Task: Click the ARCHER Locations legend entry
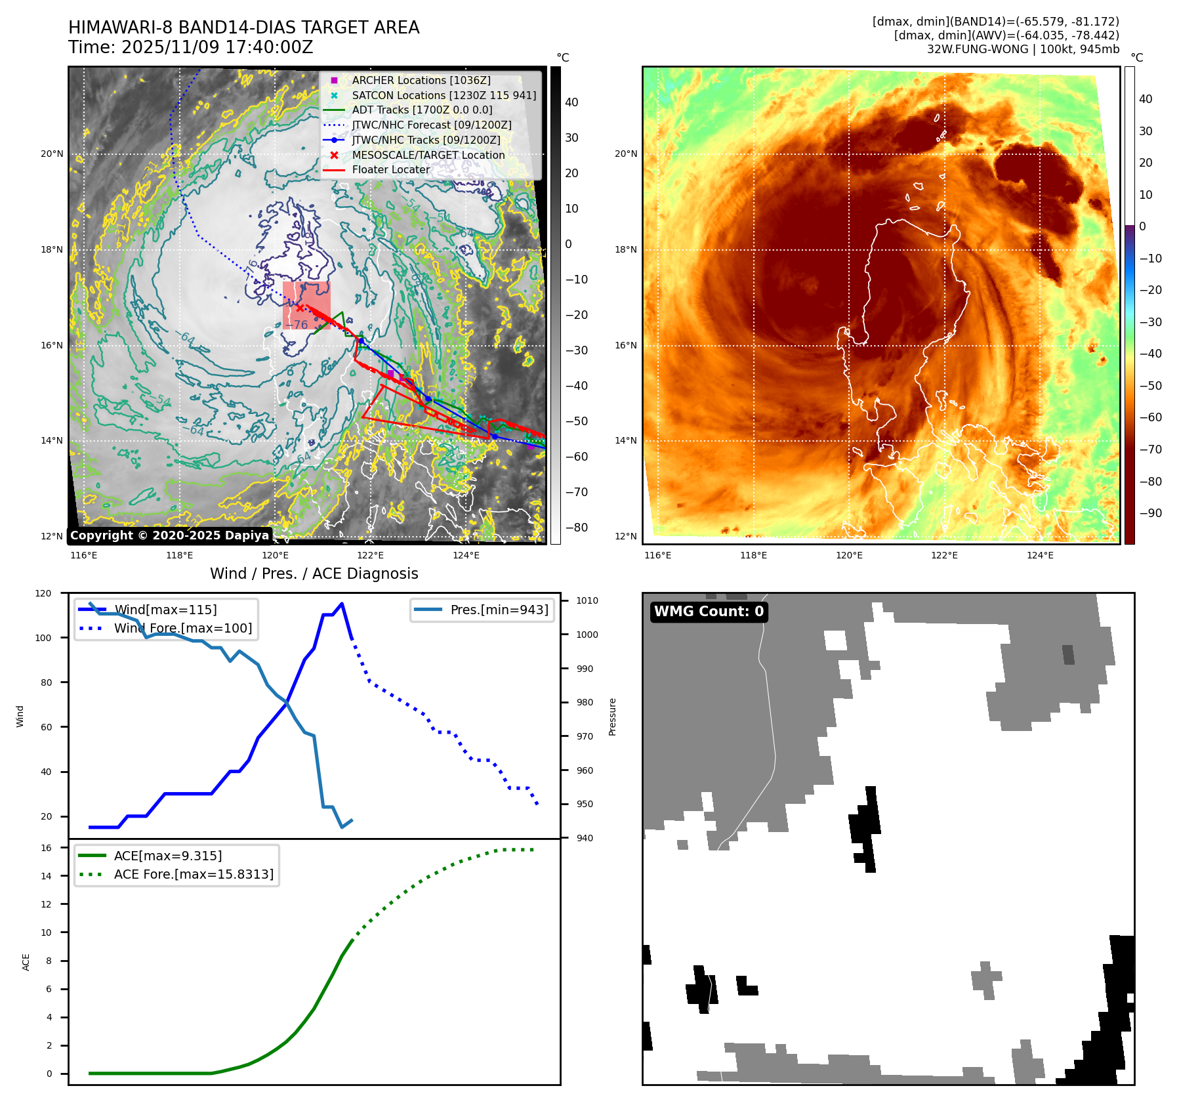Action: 421,80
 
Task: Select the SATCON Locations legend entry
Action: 444,95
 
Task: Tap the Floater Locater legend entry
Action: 390,169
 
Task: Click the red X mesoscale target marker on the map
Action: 300,308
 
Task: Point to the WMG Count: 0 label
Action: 709,612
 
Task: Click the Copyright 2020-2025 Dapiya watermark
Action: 169,535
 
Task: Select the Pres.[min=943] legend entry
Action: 499,610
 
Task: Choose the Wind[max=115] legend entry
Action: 165,610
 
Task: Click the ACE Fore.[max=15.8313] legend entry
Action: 194,874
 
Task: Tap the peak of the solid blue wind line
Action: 342,604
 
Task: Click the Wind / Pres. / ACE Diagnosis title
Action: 314,574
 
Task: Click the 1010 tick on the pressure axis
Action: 587,600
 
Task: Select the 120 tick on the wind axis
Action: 43,593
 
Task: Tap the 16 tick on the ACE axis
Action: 46,848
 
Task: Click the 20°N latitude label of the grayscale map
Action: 52,154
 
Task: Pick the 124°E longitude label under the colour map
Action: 1040,555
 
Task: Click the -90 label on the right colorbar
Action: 1150,513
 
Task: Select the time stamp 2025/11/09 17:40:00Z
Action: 217,48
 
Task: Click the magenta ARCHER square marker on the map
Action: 391,373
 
